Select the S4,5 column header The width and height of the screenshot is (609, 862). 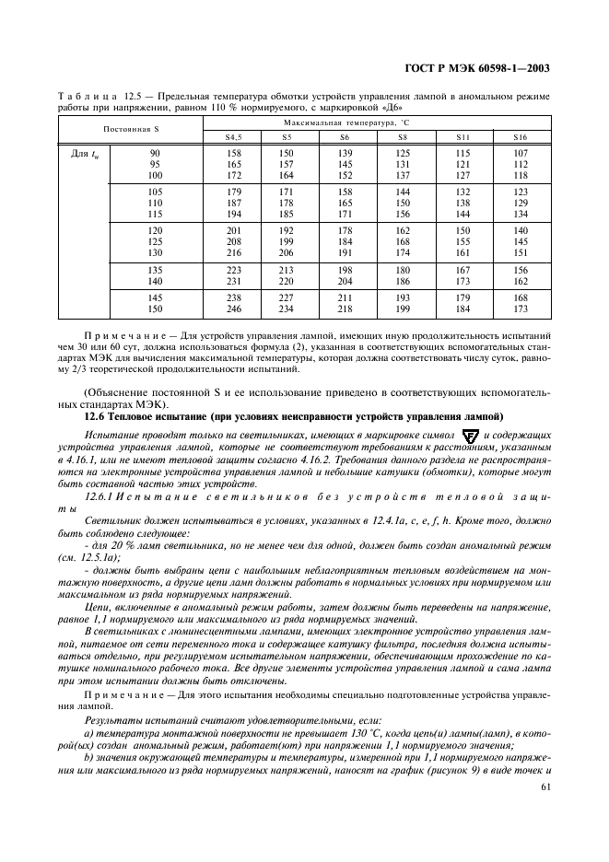click(234, 137)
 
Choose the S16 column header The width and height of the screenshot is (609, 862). click(521, 137)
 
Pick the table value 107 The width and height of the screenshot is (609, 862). click(521, 153)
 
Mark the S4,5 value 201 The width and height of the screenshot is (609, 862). click(234, 229)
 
